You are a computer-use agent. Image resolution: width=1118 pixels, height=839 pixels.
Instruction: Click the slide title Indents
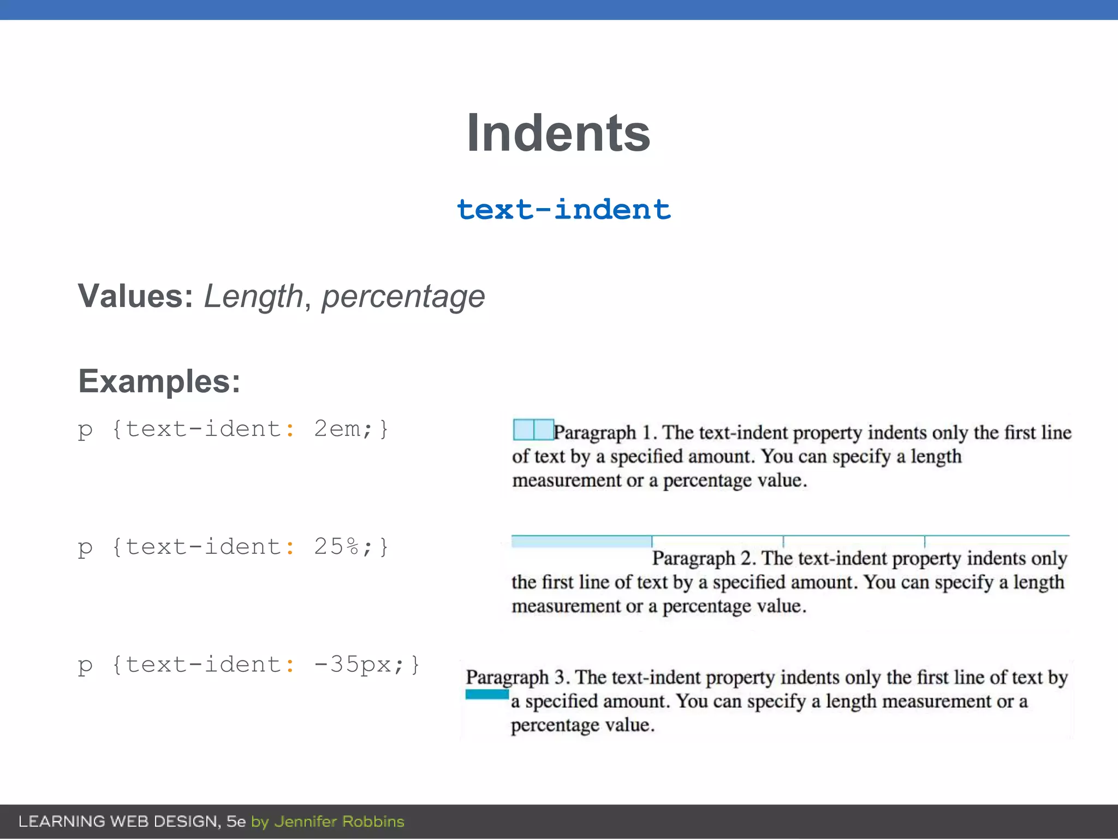tap(558, 133)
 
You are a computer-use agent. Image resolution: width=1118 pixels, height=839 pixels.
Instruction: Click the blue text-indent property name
tap(563, 210)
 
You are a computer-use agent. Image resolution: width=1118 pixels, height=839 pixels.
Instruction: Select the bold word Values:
tap(135, 296)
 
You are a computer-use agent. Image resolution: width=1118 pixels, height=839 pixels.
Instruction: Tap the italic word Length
tap(253, 296)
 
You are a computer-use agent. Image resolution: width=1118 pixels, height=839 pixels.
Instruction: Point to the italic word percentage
tap(403, 296)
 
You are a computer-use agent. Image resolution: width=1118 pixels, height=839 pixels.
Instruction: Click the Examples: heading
tap(159, 381)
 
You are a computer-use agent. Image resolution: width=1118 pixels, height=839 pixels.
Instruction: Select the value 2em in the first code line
tap(337, 429)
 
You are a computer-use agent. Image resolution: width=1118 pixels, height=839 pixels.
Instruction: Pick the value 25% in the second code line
tap(337, 547)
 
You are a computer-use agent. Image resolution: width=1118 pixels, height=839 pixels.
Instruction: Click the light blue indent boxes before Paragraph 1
tap(533, 429)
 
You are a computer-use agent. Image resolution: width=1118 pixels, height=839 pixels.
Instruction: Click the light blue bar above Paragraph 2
tap(581, 541)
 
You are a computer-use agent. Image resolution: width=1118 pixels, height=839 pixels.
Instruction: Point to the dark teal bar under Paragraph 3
tap(487, 694)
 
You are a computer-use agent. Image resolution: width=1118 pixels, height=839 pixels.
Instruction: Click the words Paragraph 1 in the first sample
tap(603, 433)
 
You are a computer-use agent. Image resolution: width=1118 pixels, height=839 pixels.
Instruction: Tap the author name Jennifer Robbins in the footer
tap(339, 822)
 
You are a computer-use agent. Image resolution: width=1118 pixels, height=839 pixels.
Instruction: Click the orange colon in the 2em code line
tap(290, 430)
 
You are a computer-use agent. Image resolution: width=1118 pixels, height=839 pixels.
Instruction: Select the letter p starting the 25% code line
tap(85, 548)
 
